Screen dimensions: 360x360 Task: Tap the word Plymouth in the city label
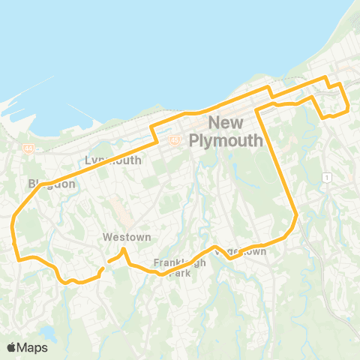coord(226,140)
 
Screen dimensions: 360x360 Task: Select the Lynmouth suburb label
coord(113,160)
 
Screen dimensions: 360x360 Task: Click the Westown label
coord(127,237)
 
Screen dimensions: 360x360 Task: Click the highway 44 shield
coord(28,148)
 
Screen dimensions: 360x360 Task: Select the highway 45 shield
coord(174,139)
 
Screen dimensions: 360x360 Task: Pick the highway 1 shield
coord(327,176)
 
